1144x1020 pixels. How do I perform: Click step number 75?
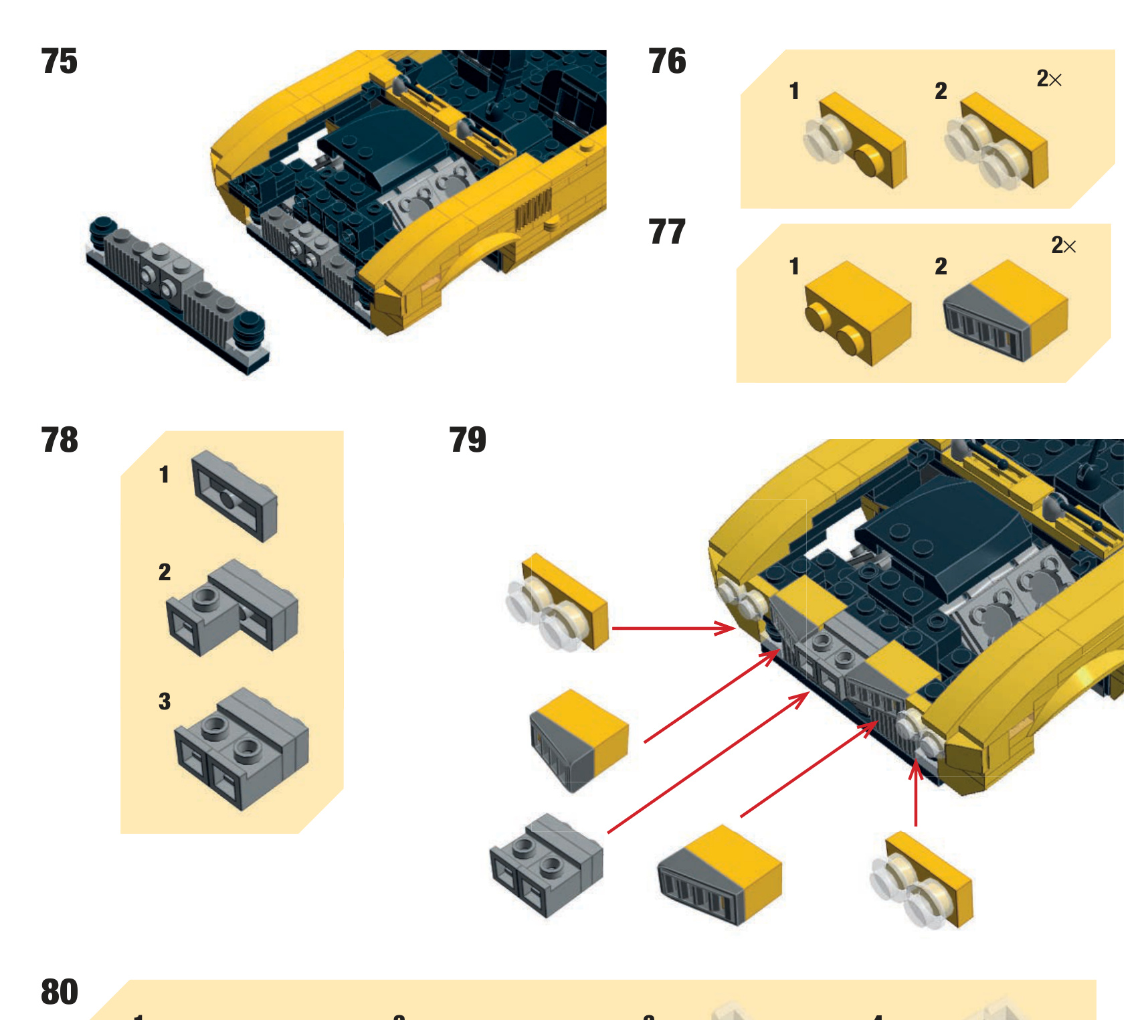(59, 62)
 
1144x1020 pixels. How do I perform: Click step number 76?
(666, 62)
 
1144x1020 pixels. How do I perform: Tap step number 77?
(666, 232)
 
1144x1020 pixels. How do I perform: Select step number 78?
(59, 440)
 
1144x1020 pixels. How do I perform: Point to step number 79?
(467, 440)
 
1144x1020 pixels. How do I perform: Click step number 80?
(59, 992)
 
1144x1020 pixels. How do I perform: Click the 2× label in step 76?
(1048, 79)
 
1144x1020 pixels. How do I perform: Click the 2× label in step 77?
(1063, 246)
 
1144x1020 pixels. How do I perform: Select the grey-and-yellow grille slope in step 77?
(1005, 311)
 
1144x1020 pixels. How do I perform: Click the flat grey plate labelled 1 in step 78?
(234, 495)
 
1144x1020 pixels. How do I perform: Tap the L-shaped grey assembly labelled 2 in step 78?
(231, 608)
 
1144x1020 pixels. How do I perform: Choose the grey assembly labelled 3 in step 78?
(241, 748)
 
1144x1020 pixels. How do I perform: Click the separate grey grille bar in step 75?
(177, 294)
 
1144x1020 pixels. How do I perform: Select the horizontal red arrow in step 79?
(672, 628)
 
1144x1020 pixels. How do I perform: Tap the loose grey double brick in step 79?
(546, 865)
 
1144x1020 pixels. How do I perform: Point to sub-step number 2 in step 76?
(940, 91)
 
